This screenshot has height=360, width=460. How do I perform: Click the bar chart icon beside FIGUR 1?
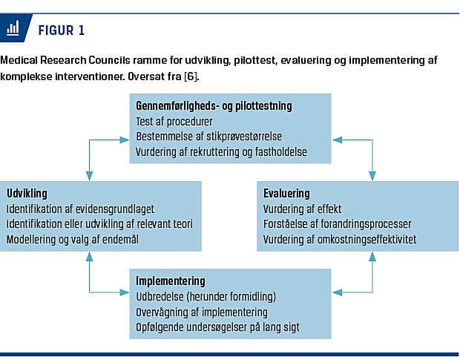[x=13, y=28]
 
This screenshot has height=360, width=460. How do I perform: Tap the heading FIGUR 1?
[x=62, y=30]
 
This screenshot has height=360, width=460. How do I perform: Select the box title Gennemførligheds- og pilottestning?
[x=214, y=106]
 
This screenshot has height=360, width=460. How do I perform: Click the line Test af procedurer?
[x=174, y=122]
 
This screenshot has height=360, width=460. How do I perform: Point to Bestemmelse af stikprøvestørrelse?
[x=209, y=137]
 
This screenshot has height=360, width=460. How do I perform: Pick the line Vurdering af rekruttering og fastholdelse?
[x=221, y=152]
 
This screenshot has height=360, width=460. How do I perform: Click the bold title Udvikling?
[x=27, y=194]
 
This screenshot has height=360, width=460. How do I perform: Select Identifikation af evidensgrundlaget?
[x=80, y=209]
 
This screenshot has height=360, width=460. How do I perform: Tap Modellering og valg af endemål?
[x=73, y=240]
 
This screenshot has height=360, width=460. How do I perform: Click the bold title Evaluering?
[x=286, y=194]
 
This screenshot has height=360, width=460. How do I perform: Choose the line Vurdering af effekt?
[x=302, y=209]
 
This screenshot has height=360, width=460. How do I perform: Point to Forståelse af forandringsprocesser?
[x=337, y=224]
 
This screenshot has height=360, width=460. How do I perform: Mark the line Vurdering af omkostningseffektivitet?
[x=340, y=240]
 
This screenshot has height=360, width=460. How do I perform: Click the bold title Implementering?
[x=171, y=281]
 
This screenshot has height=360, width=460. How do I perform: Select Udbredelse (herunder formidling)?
[x=206, y=297]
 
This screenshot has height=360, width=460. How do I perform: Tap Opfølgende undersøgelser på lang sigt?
[x=217, y=327]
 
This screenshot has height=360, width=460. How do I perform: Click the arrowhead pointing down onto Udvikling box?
[x=89, y=176]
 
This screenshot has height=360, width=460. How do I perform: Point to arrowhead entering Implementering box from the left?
[x=125, y=292]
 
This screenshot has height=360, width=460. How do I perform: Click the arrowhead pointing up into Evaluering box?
[x=372, y=257]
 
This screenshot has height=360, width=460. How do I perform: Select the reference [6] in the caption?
[x=191, y=76]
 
